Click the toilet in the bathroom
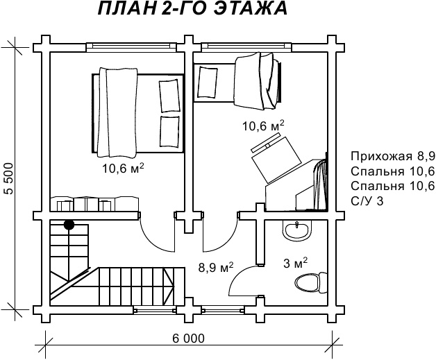pyautogui.click(x=311, y=283)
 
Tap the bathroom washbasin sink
pyautogui.click(x=297, y=230)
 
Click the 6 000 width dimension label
pyautogui.click(x=188, y=338)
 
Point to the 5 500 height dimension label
pyautogui.click(x=10, y=178)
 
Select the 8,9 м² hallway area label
pyautogui.click(x=216, y=267)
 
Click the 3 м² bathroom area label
pyautogui.click(x=295, y=263)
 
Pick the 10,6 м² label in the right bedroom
pyautogui.click(x=263, y=126)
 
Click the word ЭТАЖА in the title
pyautogui.click(x=251, y=8)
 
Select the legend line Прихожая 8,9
pyautogui.click(x=393, y=156)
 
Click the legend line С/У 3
pyautogui.click(x=367, y=201)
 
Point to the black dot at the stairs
pyautogui.click(x=69, y=225)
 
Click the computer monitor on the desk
pyautogui.click(x=265, y=143)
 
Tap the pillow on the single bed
pyautogui.click(x=207, y=81)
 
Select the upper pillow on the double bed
pyautogui.click(x=169, y=96)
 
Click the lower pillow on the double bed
pyautogui.click(x=169, y=131)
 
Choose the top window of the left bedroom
pyautogui.click(x=131, y=47)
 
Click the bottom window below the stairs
pyautogui.click(x=155, y=310)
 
